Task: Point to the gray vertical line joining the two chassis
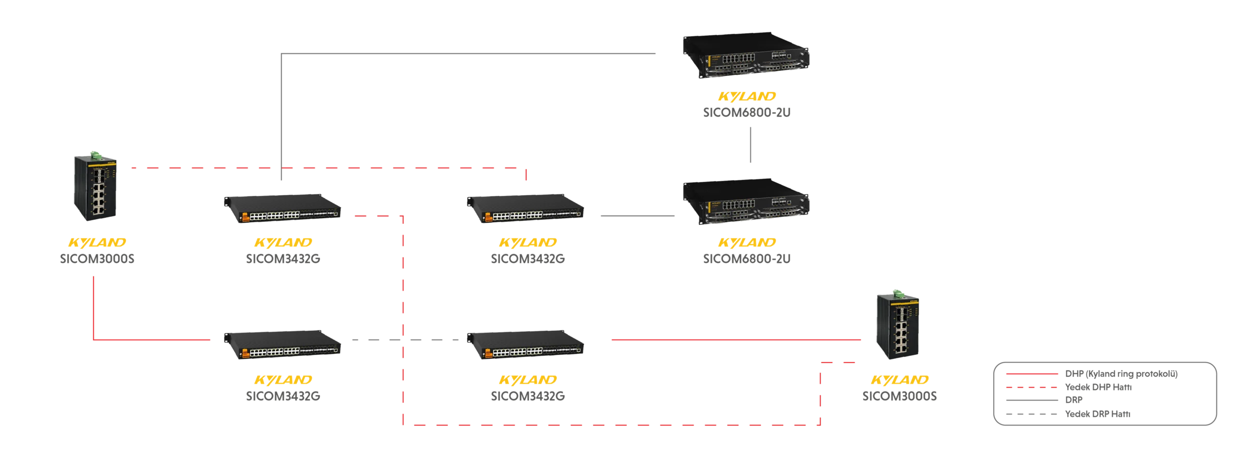click(750, 145)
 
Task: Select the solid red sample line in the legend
click(1032, 374)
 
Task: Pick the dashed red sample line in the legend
click(1032, 387)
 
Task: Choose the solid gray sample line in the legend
click(1032, 400)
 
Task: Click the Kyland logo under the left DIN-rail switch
click(97, 242)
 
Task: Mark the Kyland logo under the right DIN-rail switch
click(901, 380)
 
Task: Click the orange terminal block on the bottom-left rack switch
click(245, 354)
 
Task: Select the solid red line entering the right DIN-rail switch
click(735, 340)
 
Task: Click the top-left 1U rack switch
click(282, 208)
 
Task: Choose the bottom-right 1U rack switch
click(526, 345)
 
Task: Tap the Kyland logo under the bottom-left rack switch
click(283, 380)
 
